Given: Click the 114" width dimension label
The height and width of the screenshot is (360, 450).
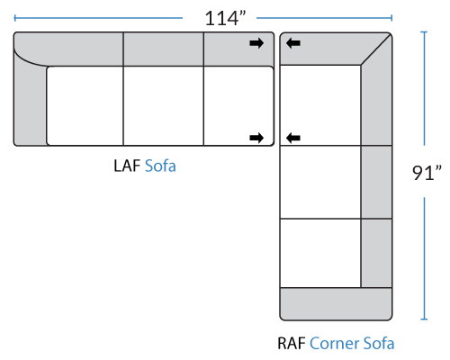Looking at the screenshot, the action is (x=225, y=18).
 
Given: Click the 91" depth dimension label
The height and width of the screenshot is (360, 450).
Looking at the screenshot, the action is (x=427, y=173).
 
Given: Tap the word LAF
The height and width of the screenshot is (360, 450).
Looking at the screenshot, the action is (x=127, y=166).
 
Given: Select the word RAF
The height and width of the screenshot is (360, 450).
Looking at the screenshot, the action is (x=292, y=344).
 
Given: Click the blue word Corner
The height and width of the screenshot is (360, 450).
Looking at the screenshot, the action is (x=334, y=344).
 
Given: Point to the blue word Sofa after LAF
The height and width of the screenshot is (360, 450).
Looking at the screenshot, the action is (x=160, y=166).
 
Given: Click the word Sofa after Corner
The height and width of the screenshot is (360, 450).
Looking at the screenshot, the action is (x=379, y=344).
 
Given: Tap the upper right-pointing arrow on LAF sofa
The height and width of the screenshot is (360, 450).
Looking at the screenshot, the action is (x=256, y=43).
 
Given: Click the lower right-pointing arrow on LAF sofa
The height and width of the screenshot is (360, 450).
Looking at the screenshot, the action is (x=256, y=138).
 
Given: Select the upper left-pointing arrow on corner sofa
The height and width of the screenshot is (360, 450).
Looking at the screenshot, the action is (x=293, y=43).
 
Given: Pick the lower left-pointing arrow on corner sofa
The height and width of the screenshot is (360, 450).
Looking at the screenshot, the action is (x=293, y=138).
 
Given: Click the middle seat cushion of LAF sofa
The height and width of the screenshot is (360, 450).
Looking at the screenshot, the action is (x=163, y=106).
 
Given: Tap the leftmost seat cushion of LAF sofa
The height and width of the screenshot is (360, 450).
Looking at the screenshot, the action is (x=85, y=106).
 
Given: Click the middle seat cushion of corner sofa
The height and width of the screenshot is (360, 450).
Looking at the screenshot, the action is (x=320, y=182).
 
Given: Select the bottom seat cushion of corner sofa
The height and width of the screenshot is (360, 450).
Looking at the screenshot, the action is (x=320, y=253).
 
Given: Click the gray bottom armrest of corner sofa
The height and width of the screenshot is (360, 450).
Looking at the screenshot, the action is (x=336, y=304).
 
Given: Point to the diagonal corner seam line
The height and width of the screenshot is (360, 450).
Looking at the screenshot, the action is (x=376, y=49).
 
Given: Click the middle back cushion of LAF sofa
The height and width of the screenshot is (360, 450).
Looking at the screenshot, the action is (x=163, y=49).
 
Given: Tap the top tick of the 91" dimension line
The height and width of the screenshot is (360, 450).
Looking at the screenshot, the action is (x=424, y=31).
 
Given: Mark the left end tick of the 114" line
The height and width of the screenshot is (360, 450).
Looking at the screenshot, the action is (x=14, y=18).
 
